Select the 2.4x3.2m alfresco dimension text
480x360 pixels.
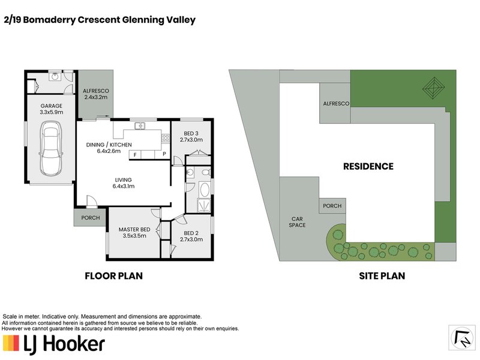[x=95, y=97]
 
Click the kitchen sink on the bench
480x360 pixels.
[x=139, y=126]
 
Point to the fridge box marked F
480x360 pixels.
[x=135, y=154]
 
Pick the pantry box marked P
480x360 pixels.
[x=164, y=154]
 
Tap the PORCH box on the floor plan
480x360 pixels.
[x=90, y=218]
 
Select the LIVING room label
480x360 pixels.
[x=124, y=180]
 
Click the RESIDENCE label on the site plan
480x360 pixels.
[x=368, y=166]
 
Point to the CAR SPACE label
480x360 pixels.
[x=298, y=222]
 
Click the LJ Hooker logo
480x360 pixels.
[x=54, y=344]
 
